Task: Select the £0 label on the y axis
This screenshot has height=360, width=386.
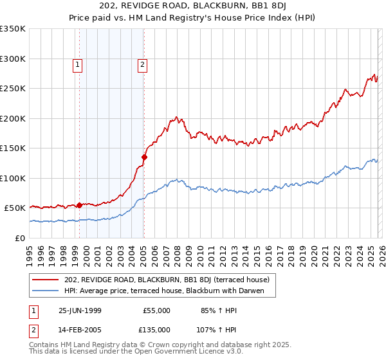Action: (20, 239)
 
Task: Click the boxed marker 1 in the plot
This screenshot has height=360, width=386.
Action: (77, 64)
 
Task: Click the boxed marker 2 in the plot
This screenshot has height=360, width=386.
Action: (142, 64)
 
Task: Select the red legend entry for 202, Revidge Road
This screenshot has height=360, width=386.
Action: (170, 280)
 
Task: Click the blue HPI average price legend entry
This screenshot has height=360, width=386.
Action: (169, 291)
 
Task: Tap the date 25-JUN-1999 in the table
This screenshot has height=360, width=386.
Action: (80, 310)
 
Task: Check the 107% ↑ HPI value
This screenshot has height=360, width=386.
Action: (210, 330)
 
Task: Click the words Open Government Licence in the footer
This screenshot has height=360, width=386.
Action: (194, 352)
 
